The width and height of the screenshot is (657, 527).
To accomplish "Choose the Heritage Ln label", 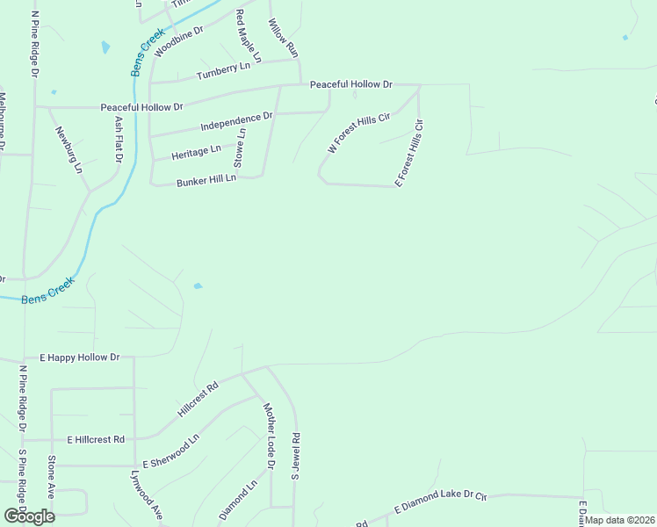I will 197,152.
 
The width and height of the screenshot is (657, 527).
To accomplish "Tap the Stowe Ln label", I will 239,148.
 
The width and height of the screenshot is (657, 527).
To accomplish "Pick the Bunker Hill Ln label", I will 206,179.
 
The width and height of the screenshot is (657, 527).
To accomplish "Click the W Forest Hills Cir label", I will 357,134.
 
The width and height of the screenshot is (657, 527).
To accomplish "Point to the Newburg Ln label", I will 69,148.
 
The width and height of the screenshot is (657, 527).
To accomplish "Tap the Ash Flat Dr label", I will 118,139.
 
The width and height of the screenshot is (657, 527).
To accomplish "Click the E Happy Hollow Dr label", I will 79,357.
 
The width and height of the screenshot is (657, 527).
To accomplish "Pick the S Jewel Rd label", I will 296,456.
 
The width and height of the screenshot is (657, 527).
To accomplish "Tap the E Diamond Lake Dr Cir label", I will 440,502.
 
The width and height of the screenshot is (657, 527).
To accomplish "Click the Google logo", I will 29,516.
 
